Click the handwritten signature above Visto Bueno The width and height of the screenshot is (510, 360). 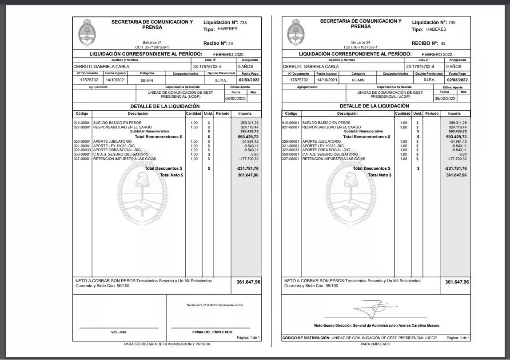coord(372,308)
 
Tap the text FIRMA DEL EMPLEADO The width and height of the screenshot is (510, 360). coord(212,332)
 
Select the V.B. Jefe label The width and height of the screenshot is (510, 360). coord(118,332)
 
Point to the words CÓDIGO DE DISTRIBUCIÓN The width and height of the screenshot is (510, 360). coord(306,338)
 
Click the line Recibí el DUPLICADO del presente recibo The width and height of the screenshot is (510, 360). coord(215,305)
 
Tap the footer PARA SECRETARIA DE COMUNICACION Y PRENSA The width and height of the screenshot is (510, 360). coord(167,344)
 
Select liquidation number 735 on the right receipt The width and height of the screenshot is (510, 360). coord(452,22)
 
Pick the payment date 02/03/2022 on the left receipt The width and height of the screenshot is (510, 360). coord(248,80)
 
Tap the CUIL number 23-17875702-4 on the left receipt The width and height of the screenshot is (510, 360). coord(207,66)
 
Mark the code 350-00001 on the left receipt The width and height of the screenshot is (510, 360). coord(82,154)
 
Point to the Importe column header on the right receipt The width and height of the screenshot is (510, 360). coord(454,113)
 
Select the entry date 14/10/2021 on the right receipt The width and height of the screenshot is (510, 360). coord(326,80)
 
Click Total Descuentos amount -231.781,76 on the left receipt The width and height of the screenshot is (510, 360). coord(247,168)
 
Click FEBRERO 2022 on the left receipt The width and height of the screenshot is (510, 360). coord(228,54)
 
